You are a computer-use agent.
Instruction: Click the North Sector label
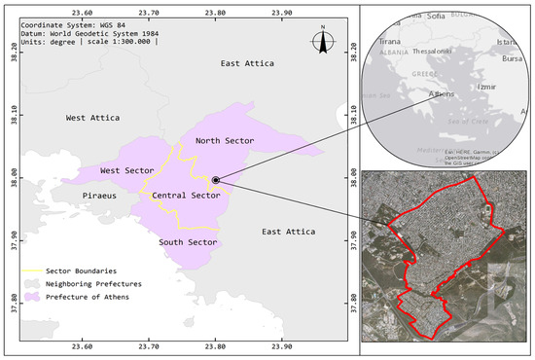(x=225, y=141)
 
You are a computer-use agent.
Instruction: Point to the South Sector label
(x=188, y=242)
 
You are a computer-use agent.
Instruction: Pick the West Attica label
(x=92, y=118)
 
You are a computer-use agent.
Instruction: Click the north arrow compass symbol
(x=323, y=41)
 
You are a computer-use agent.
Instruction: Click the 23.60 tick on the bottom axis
(x=83, y=345)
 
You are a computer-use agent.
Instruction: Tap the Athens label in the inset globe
(x=446, y=94)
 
